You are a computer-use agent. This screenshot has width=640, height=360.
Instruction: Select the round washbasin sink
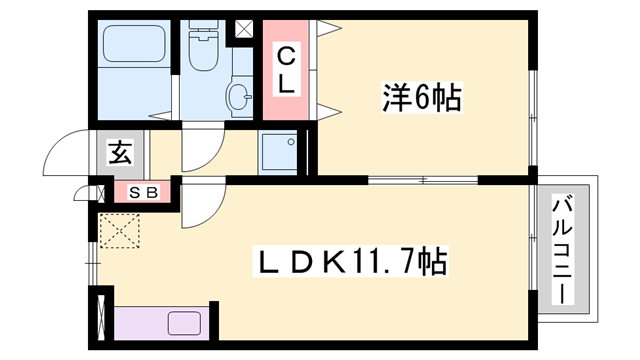[238, 97]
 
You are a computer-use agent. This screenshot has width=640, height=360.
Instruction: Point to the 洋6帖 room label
[420, 99]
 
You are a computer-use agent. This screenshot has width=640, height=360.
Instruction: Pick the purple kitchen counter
[160, 324]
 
